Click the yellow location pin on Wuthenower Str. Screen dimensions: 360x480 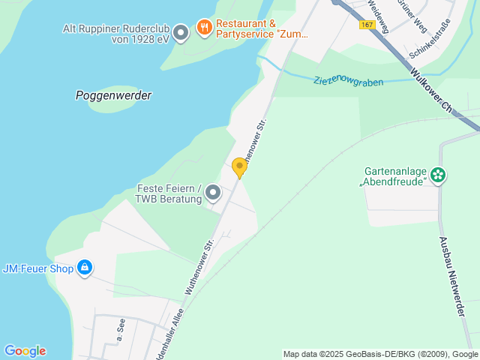[x=239, y=167]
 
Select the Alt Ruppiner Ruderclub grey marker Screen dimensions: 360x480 [x=180, y=32]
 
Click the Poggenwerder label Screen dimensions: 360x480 [x=114, y=95]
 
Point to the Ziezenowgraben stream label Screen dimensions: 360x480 [x=349, y=80]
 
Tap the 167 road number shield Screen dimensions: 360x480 [x=366, y=25]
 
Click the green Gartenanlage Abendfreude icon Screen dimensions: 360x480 [x=438, y=175]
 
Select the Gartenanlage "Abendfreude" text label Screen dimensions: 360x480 [x=394, y=175]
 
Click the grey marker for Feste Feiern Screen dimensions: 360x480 [x=213, y=193]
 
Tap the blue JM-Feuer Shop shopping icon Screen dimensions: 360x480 [x=84, y=267]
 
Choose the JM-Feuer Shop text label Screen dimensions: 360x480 [x=37, y=268]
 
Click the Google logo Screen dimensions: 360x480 [x=25, y=351]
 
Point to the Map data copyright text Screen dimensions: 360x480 [x=380, y=354]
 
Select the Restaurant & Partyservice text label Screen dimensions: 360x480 [x=262, y=28]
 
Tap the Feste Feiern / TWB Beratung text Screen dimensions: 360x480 [x=169, y=193]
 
